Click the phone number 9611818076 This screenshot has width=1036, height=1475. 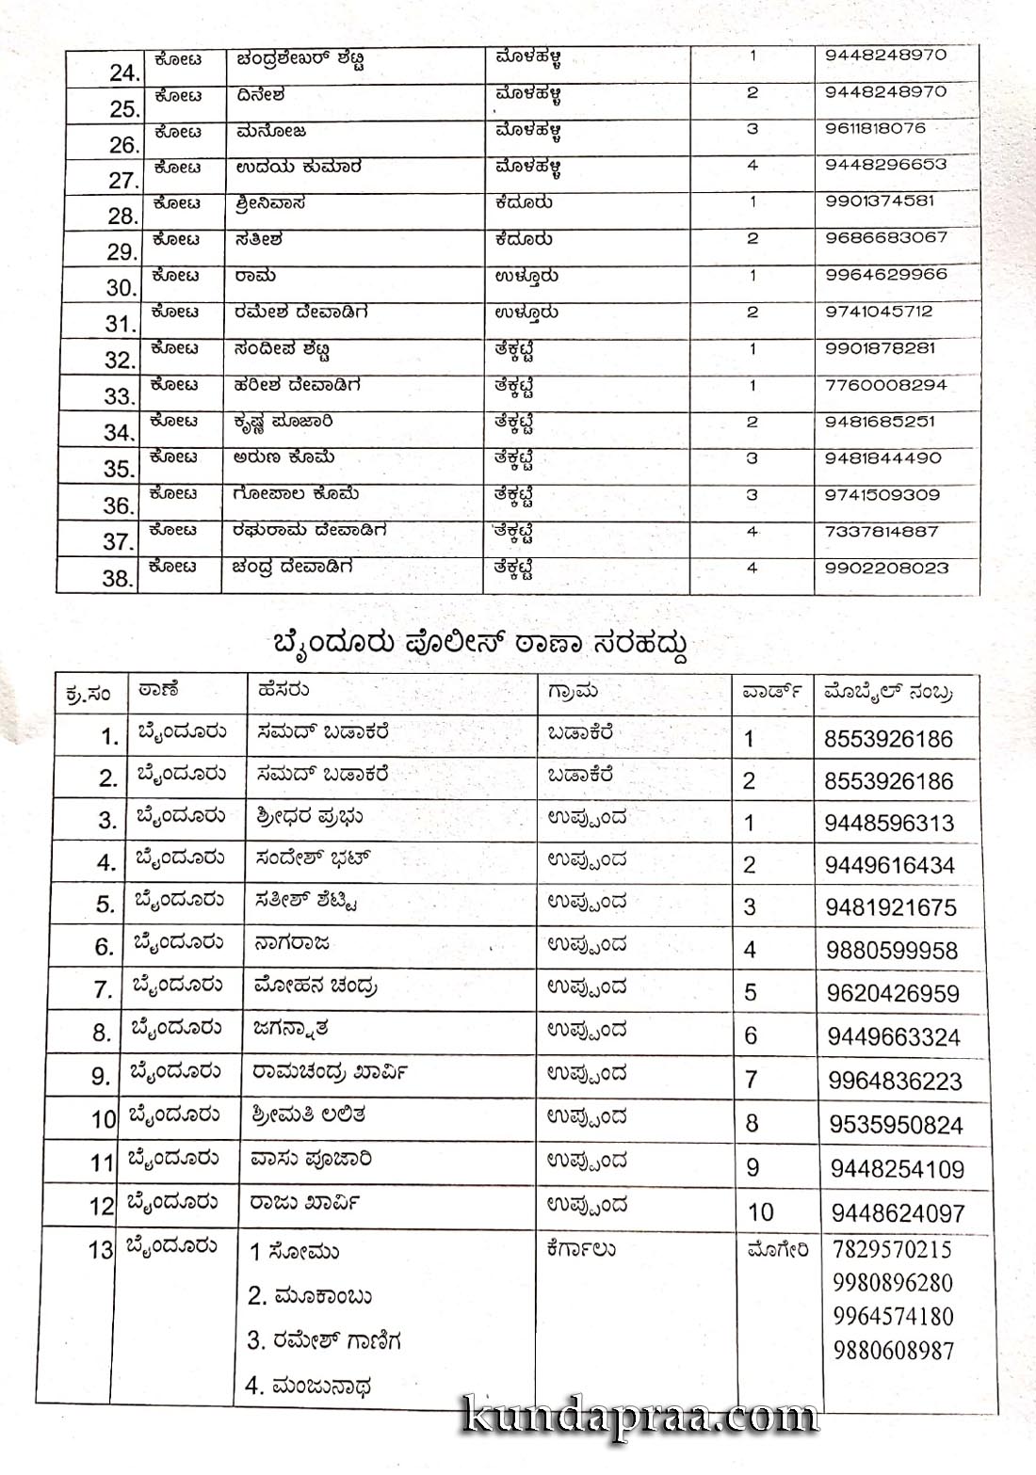point(875,128)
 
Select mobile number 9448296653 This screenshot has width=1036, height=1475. point(885,165)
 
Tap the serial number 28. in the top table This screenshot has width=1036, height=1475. point(122,216)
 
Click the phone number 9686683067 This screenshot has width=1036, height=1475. point(885,237)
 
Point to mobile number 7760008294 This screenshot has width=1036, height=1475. point(885,385)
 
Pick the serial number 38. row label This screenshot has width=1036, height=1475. point(119,578)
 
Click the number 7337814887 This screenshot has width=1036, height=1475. point(882,532)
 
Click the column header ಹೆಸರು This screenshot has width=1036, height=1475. point(283,690)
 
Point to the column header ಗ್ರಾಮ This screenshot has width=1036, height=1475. point(572,692)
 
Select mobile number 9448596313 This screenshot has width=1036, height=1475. point(889,824)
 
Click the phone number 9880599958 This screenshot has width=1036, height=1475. point(892,951)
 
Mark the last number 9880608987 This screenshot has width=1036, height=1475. point(894,1351)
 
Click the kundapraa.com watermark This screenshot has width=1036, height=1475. point(640,1418)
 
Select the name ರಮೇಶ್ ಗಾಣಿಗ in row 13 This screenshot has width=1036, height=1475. point(325,1340)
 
